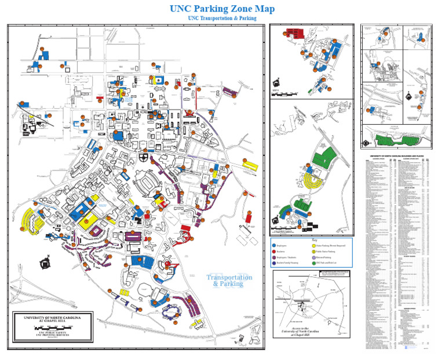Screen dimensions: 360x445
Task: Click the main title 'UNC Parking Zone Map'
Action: (x=222, y=9)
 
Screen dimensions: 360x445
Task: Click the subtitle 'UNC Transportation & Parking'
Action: (x=222, y=19)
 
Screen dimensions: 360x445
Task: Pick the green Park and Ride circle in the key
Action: (x=313, y=263)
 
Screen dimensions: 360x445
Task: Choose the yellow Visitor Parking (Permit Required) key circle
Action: (x=313, y=246)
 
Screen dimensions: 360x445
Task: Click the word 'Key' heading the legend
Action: (x=315, y=240)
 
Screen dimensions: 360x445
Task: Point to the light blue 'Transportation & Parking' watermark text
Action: (x=229, y=281)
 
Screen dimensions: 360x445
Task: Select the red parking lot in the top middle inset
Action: (x=295, y=32)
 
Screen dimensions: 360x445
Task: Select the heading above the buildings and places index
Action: (x=397, y=157)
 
